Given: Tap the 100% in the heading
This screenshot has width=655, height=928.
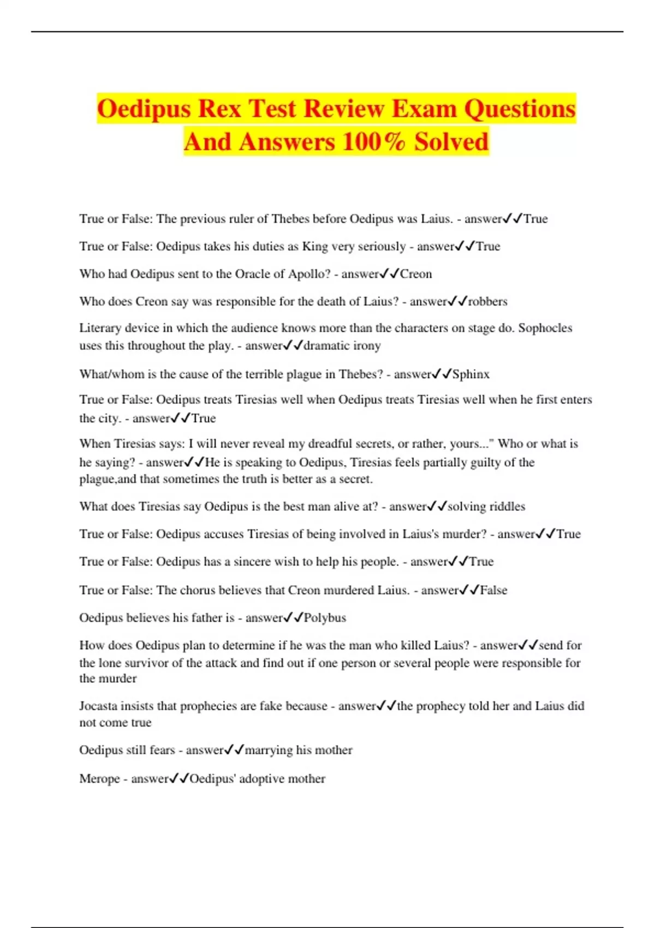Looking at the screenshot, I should click(x=374, y=141).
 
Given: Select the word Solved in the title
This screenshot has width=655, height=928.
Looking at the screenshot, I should click(x=451, y=141).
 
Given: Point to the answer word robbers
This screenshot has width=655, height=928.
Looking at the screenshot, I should click(x=488, y=301).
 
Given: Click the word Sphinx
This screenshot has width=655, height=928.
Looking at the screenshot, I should click(x=471, y=374).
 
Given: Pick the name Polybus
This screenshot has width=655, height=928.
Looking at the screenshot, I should click(x=325, y=618).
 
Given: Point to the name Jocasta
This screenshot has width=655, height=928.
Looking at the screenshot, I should click(x=99, y=706).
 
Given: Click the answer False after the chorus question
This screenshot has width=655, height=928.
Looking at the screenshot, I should click(x=493, y=590).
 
